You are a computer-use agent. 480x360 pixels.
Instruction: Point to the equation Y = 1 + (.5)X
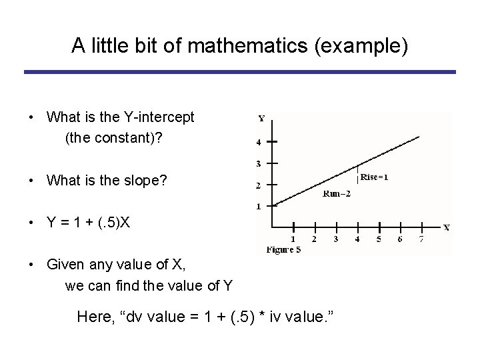(x=89, y=222)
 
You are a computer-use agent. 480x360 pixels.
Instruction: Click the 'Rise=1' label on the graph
(x=375, y=177)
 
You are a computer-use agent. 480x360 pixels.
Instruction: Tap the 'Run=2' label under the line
(x=336, y=194)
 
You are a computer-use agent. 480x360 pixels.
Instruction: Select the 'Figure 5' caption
(x=283, y=250)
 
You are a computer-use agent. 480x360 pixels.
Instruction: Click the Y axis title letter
(x=261, y=119)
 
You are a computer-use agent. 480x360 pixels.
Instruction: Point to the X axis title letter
(x=446, y=227)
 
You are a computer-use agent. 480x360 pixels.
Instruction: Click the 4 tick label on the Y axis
(x=259, y=142)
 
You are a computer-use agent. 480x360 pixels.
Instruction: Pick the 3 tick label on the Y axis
(x=259, y=163)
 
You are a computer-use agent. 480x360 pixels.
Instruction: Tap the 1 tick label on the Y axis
(x=259, y=206)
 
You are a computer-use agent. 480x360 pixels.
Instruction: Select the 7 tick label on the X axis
(x=421, y=239)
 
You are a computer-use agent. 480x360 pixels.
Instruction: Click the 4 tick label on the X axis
(x=357, y=239)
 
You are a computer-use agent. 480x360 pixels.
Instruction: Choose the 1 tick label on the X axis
(x=293, y=239)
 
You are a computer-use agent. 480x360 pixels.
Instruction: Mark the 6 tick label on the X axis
(x=399, y=239)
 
